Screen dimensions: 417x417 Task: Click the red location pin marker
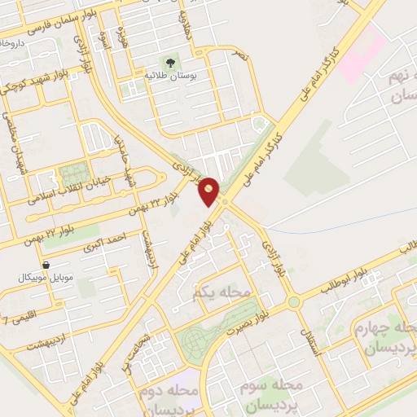coord(209,191)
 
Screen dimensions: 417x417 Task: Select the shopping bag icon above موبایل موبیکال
coord(46,265)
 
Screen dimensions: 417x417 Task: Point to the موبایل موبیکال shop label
coord(46,278)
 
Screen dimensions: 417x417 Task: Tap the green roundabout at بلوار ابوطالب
coord(294,302)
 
